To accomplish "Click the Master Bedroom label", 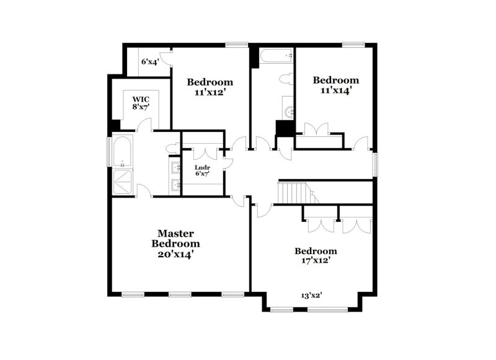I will (175, 239).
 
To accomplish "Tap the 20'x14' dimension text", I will (175, 253).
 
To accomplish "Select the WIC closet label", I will (140, 99).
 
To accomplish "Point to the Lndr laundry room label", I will (202, 167).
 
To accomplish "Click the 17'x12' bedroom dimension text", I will (316, 260).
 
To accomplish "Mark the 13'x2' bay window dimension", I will (312, 296).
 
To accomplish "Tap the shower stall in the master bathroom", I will (122, 182).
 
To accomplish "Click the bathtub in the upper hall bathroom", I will (277, 56).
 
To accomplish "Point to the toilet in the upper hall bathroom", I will (286, 79).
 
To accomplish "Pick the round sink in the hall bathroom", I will (290, 112).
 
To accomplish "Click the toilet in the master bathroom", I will (173, 148).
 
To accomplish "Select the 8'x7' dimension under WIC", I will (140, 107).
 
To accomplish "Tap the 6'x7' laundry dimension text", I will (202, 173).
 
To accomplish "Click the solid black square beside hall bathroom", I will (285, 128).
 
